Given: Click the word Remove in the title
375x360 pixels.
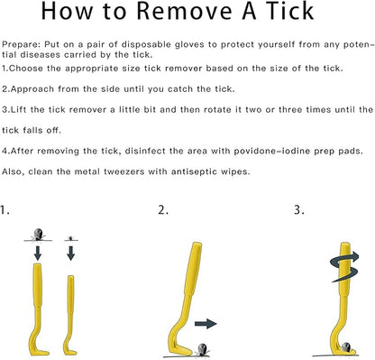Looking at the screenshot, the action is click(x=184, y=12).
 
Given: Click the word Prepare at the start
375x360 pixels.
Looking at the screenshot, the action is click(x=21, y=45).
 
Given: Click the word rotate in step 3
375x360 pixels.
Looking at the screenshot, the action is click(x=215, y=109).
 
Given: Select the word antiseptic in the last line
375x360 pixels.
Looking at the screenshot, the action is click(x=192, y=172).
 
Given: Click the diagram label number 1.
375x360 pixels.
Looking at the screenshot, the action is click(x=5, y=210).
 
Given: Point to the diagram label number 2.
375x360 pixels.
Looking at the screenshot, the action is click(x=163, y=210).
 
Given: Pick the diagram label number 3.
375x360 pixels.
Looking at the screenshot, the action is click(x=299, y=210).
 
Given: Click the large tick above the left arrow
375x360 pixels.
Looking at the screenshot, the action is click(x=38, y=235).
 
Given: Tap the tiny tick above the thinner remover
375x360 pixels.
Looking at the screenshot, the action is click(x=71, y=238).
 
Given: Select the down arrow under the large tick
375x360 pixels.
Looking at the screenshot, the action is click(x=38, y=253).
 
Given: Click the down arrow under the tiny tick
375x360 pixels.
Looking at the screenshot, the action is click(x=71, y=253).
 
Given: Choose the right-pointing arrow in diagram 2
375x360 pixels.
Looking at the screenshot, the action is click(x=206, y=324).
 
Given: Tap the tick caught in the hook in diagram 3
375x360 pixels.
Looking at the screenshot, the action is click(x=347, y=346).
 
